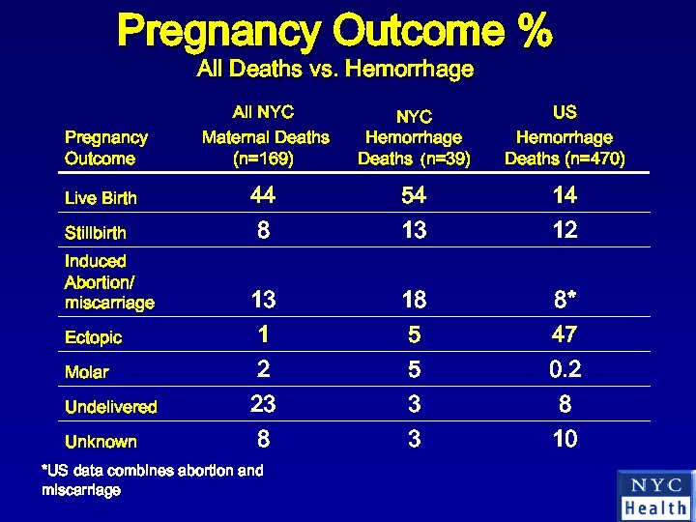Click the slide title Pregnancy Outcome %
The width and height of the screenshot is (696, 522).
[334, 32]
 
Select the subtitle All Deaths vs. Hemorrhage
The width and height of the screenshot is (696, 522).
[334, 70]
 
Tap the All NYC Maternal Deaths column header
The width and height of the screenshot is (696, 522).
[265, 136]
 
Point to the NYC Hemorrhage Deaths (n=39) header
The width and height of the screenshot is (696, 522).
[414, 137]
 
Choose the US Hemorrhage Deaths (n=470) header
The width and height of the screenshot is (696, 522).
[565, 136]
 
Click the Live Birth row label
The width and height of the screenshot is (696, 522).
[101, 198]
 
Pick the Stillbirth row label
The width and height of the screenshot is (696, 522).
[95, 233]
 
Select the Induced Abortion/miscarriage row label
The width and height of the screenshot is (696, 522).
[109, 282]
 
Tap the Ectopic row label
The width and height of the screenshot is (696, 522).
[93, 337]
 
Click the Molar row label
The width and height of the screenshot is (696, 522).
[86, 372]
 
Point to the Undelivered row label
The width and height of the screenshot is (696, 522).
[110, 407]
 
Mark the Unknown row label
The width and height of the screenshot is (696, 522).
[101, 442]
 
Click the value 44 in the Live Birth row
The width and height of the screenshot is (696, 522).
[262, 196]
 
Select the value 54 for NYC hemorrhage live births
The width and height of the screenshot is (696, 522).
[414, 196]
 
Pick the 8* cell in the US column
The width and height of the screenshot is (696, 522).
[565, 301]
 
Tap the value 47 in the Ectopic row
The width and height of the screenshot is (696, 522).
[565, 335]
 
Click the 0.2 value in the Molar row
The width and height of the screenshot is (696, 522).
[565, 370]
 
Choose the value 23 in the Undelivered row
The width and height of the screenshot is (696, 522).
[262, 405]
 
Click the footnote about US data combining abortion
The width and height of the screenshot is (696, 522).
[152, 480]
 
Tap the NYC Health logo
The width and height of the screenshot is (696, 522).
[655, 495]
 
